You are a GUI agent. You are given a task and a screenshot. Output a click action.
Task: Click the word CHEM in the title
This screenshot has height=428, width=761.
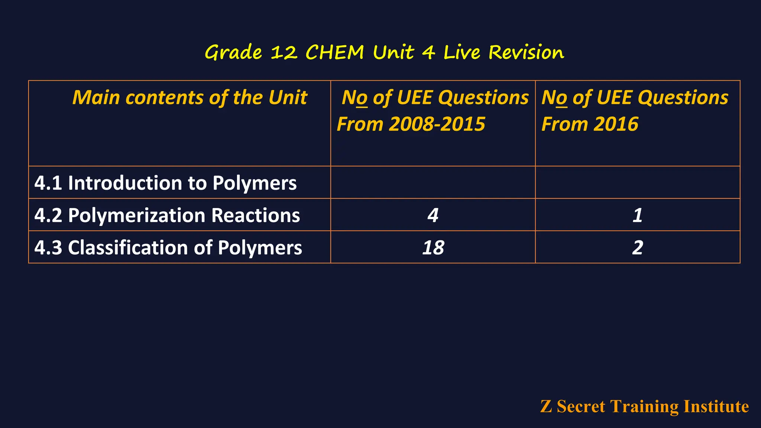pos(334,52)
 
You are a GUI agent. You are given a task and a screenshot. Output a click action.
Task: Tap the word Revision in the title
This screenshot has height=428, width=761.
pos(526,52)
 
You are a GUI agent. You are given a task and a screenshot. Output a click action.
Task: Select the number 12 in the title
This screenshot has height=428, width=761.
pos(284,52)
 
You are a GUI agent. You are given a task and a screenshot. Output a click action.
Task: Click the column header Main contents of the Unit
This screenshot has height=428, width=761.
pos(190,98)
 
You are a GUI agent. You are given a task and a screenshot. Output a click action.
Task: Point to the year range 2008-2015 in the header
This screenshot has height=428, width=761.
pos(437,124)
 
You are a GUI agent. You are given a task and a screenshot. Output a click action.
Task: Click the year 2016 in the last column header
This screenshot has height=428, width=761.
pos(616,124)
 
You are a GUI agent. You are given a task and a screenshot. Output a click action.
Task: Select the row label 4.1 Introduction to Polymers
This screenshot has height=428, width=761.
pos(165,183)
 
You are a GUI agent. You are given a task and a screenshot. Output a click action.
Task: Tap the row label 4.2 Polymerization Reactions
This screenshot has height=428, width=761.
pos(167,215)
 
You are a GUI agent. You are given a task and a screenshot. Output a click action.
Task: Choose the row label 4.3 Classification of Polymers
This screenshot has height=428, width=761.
pos(168,248)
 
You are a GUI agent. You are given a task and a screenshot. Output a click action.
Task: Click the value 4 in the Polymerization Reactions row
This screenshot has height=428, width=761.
pos(433,215)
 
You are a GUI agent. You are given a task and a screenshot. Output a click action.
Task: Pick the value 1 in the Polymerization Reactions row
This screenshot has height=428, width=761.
pos(638,215)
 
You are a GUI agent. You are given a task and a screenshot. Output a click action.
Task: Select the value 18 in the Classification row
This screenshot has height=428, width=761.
pos(433,248)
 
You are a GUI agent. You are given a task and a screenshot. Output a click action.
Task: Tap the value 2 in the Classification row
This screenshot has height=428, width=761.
pos(638,248)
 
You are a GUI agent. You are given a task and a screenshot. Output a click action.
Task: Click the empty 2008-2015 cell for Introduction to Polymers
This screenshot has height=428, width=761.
pos(433,182)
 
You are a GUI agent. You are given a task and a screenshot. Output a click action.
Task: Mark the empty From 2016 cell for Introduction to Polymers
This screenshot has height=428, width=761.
pos(638,182)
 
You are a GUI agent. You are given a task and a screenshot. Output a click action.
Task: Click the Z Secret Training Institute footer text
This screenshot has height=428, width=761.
pos(644,406)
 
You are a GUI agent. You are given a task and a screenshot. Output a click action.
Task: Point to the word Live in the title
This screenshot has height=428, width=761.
pos(462,52)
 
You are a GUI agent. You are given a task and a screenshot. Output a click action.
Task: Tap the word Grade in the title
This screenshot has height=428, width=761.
pos(233,52)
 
